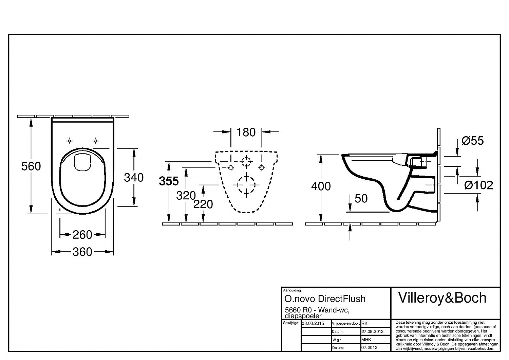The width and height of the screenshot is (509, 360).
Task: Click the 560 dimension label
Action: tap(31, 166)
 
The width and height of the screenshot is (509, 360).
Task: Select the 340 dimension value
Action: tap(134, 177)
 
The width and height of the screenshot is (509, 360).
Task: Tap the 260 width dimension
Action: tap(82, 235)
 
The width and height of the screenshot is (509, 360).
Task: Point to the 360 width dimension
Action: tap(82, 252)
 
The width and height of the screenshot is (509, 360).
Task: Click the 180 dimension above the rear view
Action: tap(246, 132)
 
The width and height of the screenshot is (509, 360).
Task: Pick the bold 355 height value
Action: tap(169, 181)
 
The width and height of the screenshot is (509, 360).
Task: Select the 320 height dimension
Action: tap(186, 196)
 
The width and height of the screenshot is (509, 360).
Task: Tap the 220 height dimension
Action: tap(203, 204)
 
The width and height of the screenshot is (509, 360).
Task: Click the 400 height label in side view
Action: tap(321, 186)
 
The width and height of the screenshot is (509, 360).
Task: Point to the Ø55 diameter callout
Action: tap(473, 141)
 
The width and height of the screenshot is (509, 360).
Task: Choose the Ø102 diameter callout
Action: tap(478, 185)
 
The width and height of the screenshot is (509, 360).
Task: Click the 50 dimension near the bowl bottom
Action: tap(361, 198)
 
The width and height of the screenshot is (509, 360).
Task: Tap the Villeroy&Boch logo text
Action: tap(442, 298)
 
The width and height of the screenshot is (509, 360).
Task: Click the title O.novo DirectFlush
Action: tap(325, 299)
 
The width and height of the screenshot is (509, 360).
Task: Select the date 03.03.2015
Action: tap(313, 323)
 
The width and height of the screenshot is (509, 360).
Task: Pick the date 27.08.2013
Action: tap(373, 331)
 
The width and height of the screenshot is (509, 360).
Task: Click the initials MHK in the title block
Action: tap(366, 340)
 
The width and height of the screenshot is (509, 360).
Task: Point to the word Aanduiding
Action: tap(292, 290)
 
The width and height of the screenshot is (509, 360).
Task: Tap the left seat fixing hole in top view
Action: tap(69, 141)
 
